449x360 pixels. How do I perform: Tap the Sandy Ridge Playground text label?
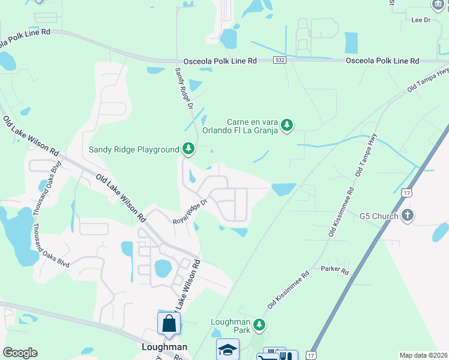tap(134, 149)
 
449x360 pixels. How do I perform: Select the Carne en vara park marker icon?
tap(288, 125)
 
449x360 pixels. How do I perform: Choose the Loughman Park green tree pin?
tap(259, 325)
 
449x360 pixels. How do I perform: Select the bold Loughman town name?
tap(164, 347)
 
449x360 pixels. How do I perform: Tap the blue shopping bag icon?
tap(169, 323)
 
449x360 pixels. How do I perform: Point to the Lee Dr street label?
tap(421, 20)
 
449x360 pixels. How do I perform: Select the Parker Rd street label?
tap(334, 271)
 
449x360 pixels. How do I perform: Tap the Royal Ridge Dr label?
tap(190, 212)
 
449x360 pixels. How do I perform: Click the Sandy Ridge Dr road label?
tap(184, 88)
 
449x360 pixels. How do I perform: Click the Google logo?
tap(20, 353)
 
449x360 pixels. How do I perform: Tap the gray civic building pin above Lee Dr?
tap(438, 5)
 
